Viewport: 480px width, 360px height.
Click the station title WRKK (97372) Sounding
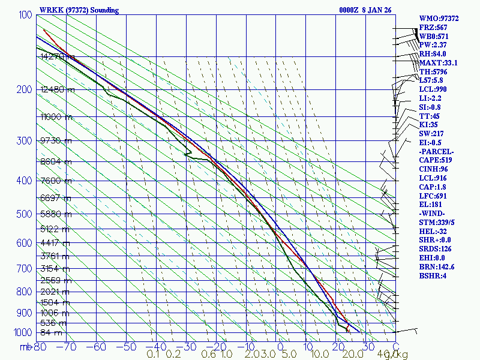79,10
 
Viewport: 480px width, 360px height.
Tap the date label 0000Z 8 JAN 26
365,10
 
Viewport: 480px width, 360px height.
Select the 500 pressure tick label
23,214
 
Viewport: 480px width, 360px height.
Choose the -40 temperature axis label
157,346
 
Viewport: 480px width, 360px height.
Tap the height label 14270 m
58,57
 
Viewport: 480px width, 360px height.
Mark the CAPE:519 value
435,160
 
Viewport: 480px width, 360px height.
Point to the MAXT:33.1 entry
438,63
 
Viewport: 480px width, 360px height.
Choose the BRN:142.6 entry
436,267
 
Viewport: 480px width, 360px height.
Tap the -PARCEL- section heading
436,151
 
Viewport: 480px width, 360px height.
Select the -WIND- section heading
433,214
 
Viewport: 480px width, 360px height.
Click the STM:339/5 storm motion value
437,223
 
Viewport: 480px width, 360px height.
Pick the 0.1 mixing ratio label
153,355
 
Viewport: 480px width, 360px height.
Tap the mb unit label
26,347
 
